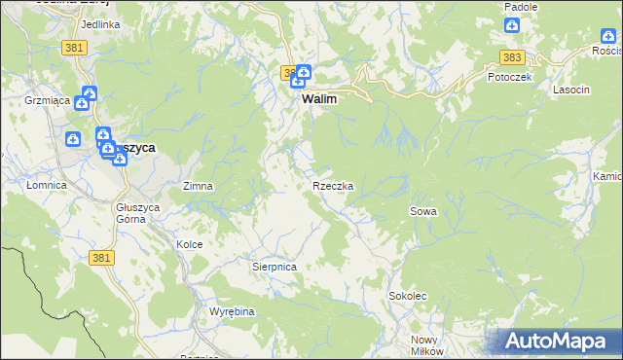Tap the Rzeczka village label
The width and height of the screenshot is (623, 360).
(333, 185)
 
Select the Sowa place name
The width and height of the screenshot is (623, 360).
(422, 210)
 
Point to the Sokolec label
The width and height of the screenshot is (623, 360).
(408, 295)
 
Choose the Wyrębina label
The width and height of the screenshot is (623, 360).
(232, 311)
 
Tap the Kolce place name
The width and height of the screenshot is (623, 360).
(189, 244)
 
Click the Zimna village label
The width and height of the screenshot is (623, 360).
(198, 185)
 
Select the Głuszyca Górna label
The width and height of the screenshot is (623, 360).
(130, 212)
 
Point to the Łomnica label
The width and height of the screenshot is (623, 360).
(46, 184)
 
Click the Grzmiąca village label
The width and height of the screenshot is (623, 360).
(45, 99)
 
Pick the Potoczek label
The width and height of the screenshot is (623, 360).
(509, 77)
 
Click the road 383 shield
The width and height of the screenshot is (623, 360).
(513, 57)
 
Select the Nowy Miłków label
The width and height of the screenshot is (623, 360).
(427, 345)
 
